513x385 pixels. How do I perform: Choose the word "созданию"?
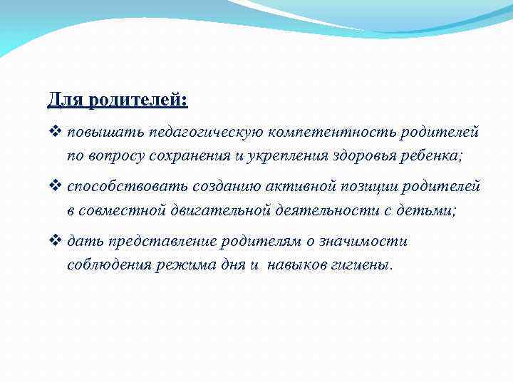224,187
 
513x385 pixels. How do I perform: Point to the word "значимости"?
367,242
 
